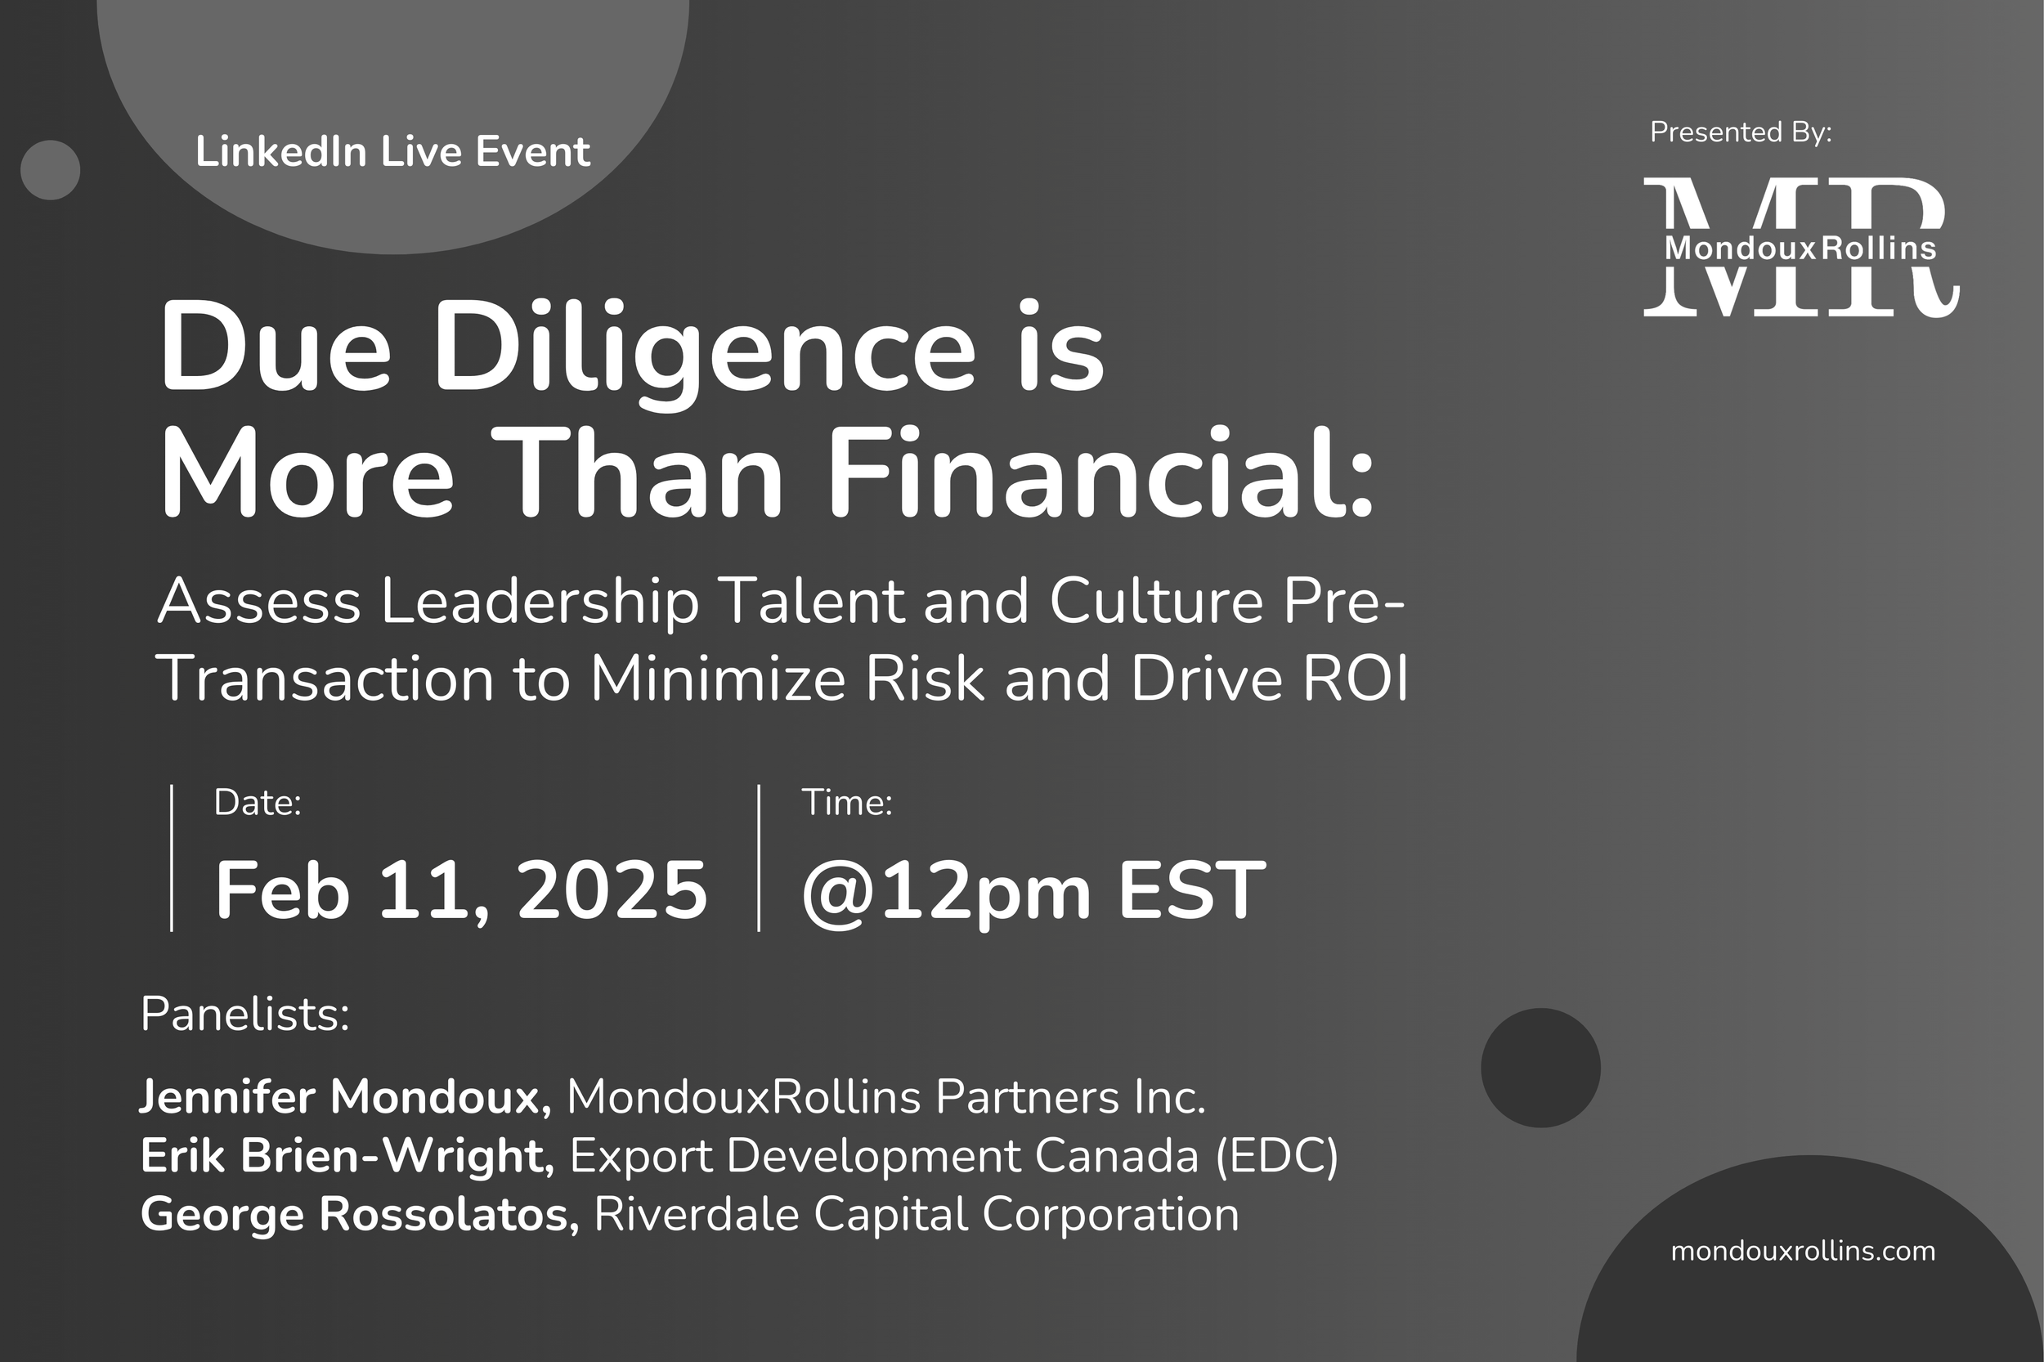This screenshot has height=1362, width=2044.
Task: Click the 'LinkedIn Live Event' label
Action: tap(392, 152)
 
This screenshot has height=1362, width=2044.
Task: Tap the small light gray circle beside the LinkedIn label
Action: tap(51, 170)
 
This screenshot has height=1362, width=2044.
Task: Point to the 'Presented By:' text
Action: tap(1740, 132)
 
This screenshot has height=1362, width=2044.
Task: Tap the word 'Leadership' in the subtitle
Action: tap(540, 601)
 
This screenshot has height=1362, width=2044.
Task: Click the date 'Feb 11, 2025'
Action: tap(461, 891)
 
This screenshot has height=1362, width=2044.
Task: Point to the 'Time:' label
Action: tap(847, 803)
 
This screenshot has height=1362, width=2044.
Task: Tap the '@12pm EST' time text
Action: tap(1033, 891)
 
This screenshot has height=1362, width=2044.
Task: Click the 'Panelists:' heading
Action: tap(245, 1014)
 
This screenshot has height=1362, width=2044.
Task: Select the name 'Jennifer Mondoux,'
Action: tap(345, 1096)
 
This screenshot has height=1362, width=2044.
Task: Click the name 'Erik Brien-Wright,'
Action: tap(347, 1155)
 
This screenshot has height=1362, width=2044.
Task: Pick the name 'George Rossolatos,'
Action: tap(360, 1213)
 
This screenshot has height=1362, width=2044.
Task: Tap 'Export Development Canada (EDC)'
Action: tap(954, 1155)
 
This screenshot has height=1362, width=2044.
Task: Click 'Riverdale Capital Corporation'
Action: tap(917, 1213)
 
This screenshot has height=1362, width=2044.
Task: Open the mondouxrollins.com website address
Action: tap(1803, 1251)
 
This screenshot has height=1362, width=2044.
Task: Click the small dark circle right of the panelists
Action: tap(1540, 1068)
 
